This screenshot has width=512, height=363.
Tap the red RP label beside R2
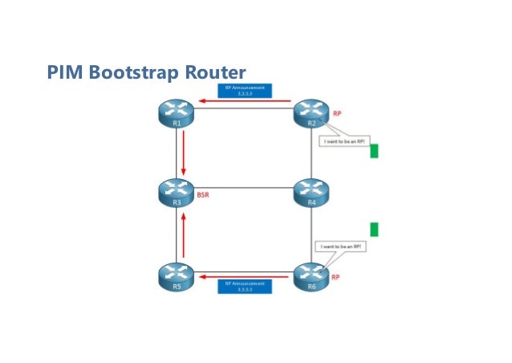[x=338, y=113]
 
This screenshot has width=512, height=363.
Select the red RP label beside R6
[x=336, y=277]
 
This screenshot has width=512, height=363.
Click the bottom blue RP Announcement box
[x=244, y=286]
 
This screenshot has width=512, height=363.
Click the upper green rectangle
[x=374, y=151]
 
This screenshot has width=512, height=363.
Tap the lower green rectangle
[x=374, y=230]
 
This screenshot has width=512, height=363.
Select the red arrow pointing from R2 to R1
[x=245, y=101]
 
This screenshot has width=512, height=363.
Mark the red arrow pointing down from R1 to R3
[x=184, y=153]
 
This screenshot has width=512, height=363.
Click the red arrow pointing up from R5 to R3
[x=184, y=235]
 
